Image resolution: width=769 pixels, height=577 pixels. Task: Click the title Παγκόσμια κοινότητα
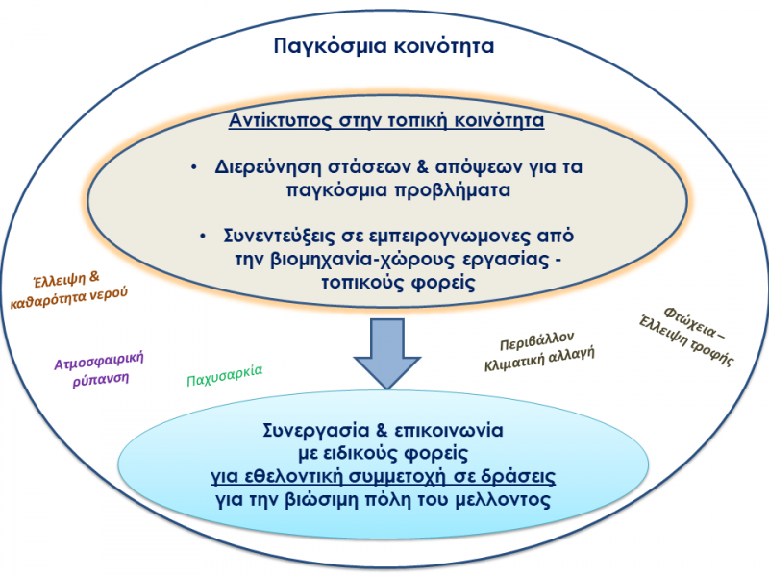384,45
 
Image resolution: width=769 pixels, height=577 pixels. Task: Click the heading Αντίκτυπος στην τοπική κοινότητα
386,122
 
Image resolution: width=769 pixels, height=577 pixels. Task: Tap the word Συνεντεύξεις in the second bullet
279,236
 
